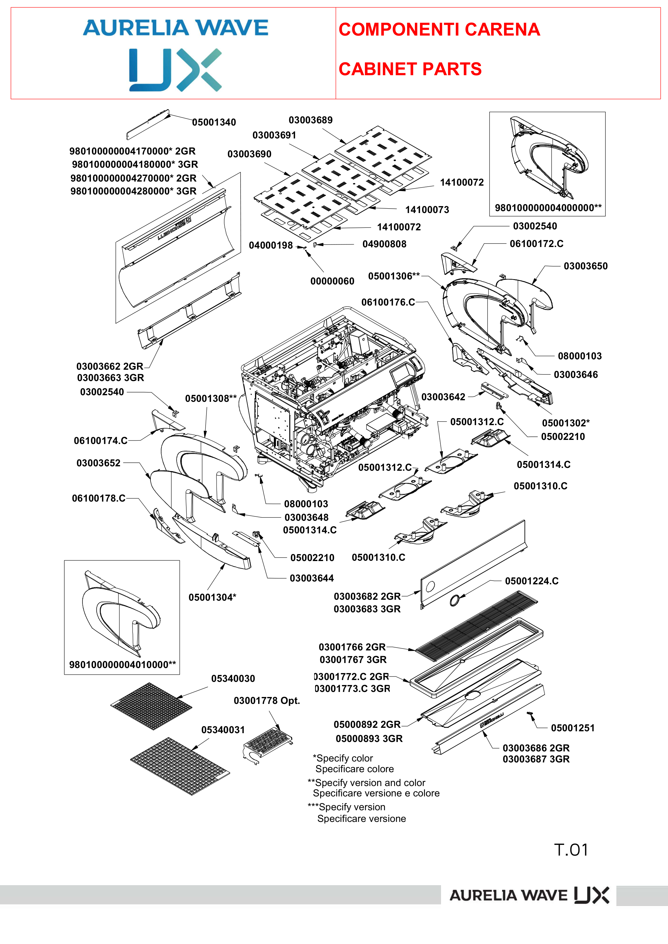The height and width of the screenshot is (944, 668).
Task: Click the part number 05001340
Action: (x=214, y=122)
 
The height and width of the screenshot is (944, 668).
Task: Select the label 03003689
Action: (x=311, y=120)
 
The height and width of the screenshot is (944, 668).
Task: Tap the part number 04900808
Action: (x=384, y=244)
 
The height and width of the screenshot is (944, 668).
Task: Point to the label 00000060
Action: (x=332, y=281)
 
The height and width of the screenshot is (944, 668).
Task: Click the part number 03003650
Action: (x=586, y=266)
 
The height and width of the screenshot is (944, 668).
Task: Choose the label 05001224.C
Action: (x=532, y=581)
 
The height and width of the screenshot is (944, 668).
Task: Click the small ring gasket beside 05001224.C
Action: (x=455, y=600)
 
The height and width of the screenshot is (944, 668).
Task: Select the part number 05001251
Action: (x=573, y=728)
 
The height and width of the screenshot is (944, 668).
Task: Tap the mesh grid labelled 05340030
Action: (x=151, y=706)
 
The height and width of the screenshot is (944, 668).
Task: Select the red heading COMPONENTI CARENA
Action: (x=439, y=29)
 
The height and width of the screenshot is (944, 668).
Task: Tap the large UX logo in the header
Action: (x=176, y=70)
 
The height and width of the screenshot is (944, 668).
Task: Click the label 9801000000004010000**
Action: (x=122, y=664)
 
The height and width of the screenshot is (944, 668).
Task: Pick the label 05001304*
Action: (x=212, y=598)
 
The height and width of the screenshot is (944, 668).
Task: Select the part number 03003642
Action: (x=444, y=397)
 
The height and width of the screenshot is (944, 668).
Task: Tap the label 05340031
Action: (x=223, y=730)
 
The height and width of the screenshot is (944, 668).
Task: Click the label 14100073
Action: (x=427, y=210)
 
